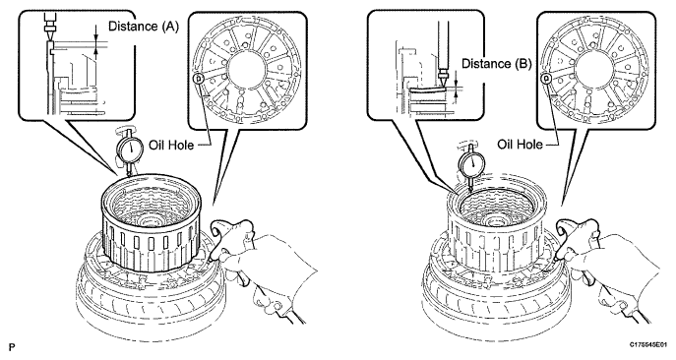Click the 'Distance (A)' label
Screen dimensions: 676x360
[x=143, y=27]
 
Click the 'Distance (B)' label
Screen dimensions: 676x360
[x=496, y=64]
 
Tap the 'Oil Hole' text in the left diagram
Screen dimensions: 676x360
[x=171, y=145]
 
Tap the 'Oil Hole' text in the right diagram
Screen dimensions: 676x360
[x=520, y=144]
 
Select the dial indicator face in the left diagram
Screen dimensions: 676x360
[x=129, y=151]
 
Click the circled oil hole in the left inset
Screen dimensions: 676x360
[x=198, y=79]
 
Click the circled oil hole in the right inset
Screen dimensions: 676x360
[x=546, y=79]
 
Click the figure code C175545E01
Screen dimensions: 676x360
[x=648, y=344]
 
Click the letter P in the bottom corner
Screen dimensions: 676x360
[x=12, y=347]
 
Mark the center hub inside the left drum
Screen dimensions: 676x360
[x=150, y=221]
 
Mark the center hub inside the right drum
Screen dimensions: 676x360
[x=493, y=223]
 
